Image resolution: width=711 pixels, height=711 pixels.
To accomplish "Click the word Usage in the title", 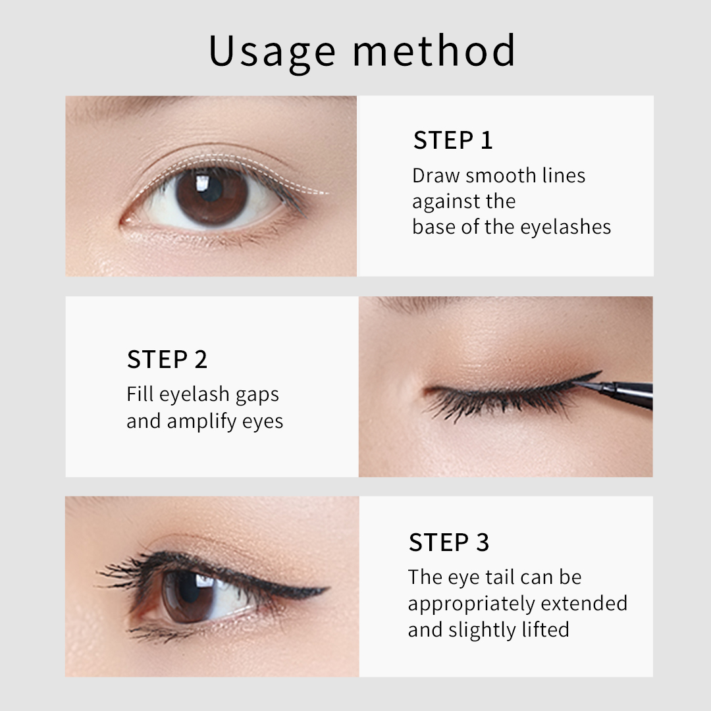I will (x=271, y=51).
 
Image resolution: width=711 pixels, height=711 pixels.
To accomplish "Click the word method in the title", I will (x=434, y=51).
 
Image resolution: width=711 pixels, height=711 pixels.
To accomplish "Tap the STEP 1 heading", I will (x=453, y=140).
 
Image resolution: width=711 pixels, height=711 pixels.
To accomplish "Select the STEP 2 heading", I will (x=167, y=359).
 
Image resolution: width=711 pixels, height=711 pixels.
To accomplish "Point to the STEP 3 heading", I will (x=449, y=542).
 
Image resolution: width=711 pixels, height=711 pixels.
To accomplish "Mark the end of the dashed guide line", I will (x=327, y=194).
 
